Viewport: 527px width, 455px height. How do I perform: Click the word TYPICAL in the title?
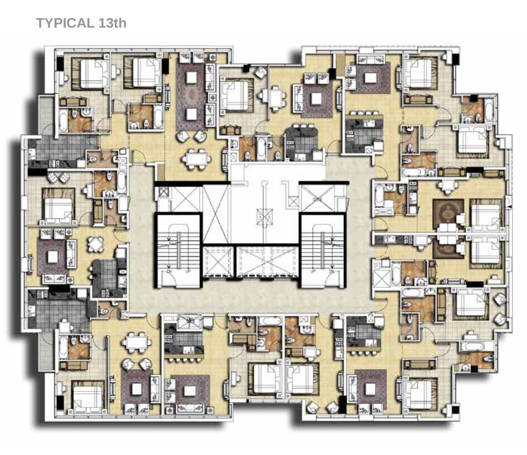click(x=65, y=23)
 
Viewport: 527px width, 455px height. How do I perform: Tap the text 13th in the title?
click(x=112, y=23)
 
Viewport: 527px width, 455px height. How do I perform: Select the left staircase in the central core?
click(x=179, y=251)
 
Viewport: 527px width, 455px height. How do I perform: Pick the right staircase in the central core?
click(x=323, y=251)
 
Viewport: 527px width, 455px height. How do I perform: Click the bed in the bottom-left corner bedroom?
click(x=87, y=398)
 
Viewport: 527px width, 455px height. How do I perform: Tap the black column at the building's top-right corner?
click(x=455, y=59)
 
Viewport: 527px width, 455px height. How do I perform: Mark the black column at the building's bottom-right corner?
click(x=455, y=410)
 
